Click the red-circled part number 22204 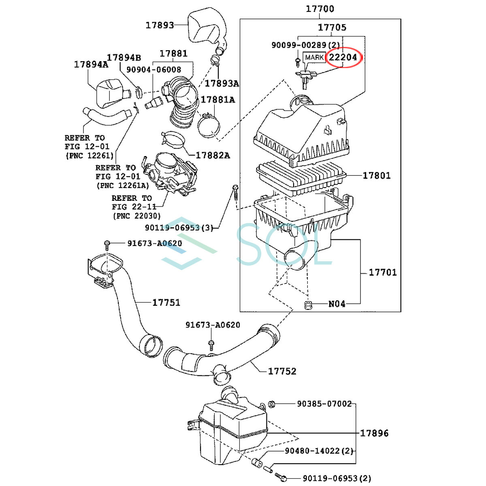click(x=343, y=57)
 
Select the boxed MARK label click(x=314, y=58)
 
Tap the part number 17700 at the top click(x=320, y=9)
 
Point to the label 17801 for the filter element click(x=376, y=175)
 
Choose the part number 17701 click(x=382, y=272)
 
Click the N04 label click(x=337, y=303)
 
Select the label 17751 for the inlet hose click(x=166, y=302)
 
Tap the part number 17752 click(x=282, y=371)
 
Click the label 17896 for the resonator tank click(x=374, y=433)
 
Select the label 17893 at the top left click(x=160, y=25)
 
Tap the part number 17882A click(x=213, y=155)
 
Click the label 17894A click(x=91, y=64)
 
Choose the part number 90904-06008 click(x=153, y=70)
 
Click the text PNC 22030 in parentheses click(x=136, y=216)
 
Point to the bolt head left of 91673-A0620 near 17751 click(x=107, y=244)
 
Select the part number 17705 click(x=332, y=27)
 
